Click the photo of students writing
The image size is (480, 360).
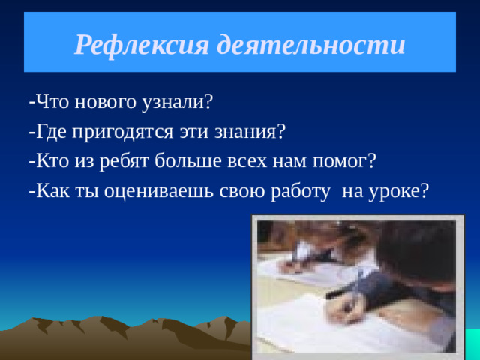356,285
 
